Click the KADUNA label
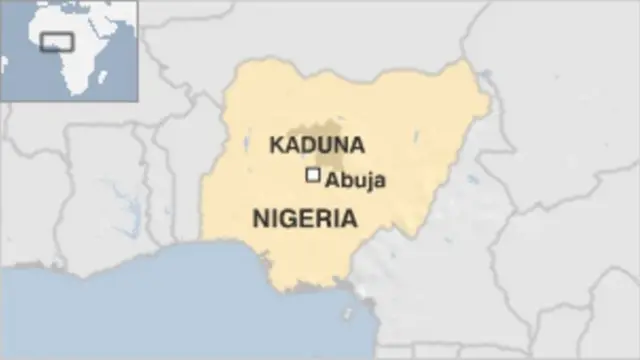pos(316,145)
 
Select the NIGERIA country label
pos(304,218)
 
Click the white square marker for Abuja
pos(313,176)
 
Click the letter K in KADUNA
pos(274,145)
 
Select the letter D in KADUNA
pos(306,145)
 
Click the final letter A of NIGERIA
pos(348,218)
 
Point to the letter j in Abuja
pos(371,182)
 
